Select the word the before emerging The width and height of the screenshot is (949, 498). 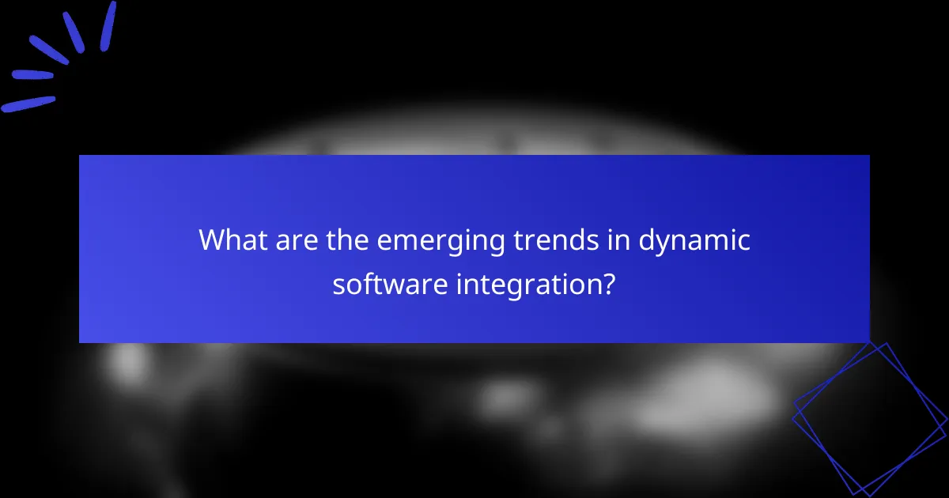pos(347,240)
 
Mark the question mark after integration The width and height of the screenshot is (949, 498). pos(607,283)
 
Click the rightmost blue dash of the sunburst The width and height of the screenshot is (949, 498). pos(108,26)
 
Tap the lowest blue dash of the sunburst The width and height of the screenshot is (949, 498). pos(28,104)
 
